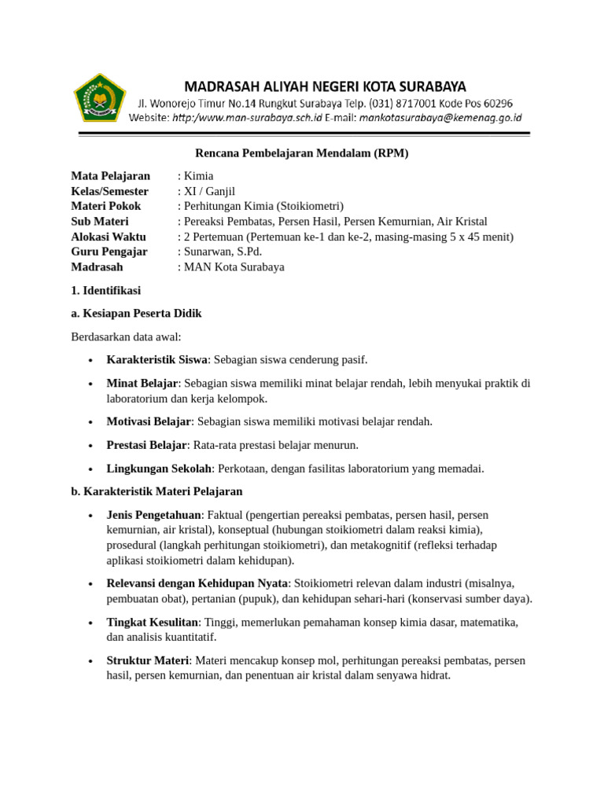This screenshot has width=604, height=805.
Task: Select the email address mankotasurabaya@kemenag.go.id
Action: click(x=439, y=118)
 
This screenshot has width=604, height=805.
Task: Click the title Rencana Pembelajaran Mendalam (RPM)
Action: click(x=302, y=153)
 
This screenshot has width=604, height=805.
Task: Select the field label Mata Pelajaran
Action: click(x=110, y=176)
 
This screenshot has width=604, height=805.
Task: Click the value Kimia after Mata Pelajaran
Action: click(x=198, y=176)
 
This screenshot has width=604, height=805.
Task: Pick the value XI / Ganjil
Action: click(x=209, y=191)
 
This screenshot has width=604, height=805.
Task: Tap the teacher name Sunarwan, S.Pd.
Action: click(x=223, y=252)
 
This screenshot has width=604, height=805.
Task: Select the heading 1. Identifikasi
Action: click(x=105, y=290)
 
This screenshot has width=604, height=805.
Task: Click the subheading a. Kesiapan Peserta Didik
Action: click(x=136, y=313)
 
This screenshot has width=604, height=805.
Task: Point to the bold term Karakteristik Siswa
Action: click(x=157, y=359)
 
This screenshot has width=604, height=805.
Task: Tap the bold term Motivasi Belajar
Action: click(x=149, y=421)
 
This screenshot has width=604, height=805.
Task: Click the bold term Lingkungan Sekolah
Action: click(x=159, y=469)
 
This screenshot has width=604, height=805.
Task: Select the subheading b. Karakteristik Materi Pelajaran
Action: click(x=157, y=491)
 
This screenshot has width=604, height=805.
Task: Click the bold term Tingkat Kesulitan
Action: click(x=152, y=623)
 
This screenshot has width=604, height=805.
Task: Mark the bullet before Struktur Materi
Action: click(x=91, y=661)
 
